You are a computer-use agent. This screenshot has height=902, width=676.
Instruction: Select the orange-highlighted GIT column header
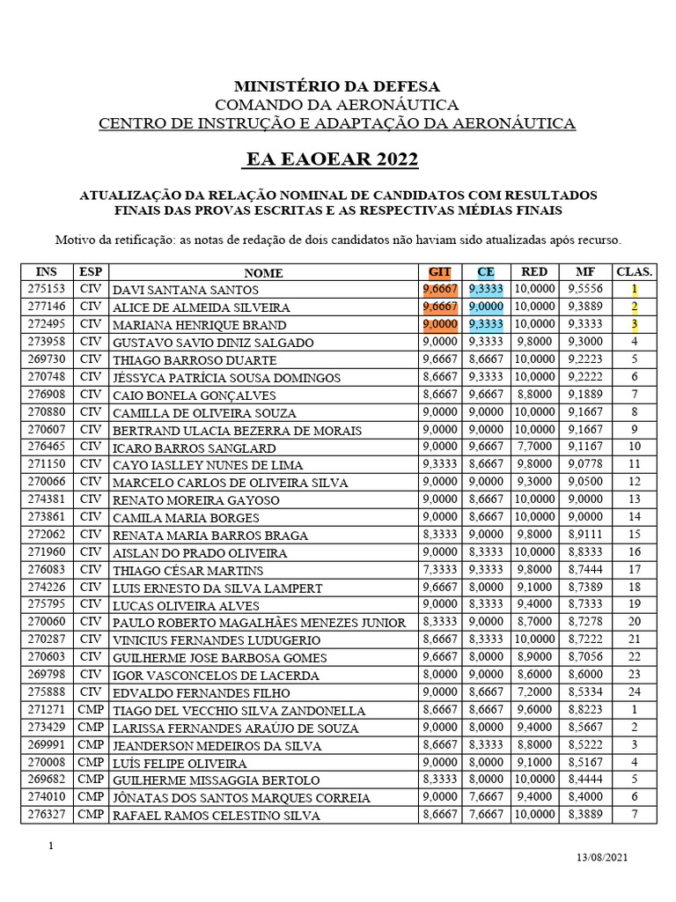coord(438,272)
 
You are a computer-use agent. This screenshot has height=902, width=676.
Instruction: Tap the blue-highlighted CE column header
coord(486,272)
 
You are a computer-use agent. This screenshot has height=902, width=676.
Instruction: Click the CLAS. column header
coord(634,272)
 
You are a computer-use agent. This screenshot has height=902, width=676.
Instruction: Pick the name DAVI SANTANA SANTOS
coord(185,290)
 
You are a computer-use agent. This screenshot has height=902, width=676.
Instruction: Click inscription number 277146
coord(46,307)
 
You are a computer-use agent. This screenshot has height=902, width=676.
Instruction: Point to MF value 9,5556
coord(584,289)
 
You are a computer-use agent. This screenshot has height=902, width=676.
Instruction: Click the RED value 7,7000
coord(534,447)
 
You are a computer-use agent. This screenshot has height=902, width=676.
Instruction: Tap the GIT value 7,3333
coord(438,569)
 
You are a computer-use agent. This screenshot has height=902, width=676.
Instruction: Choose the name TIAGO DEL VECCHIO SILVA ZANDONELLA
coord(239,710)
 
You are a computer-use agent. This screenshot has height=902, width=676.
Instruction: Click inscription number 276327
coord(46,814)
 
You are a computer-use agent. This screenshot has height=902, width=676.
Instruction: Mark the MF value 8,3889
coord(584,815)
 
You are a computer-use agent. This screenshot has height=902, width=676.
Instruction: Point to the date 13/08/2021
coord(602,857)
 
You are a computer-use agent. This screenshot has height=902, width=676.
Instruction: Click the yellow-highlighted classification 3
coord(634,324)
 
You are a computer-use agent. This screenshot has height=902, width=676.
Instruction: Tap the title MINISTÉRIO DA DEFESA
coord(337,86)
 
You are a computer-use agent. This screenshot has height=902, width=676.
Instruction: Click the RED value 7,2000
coord(534,691)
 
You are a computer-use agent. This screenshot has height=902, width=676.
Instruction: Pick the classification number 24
coord(634,691)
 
